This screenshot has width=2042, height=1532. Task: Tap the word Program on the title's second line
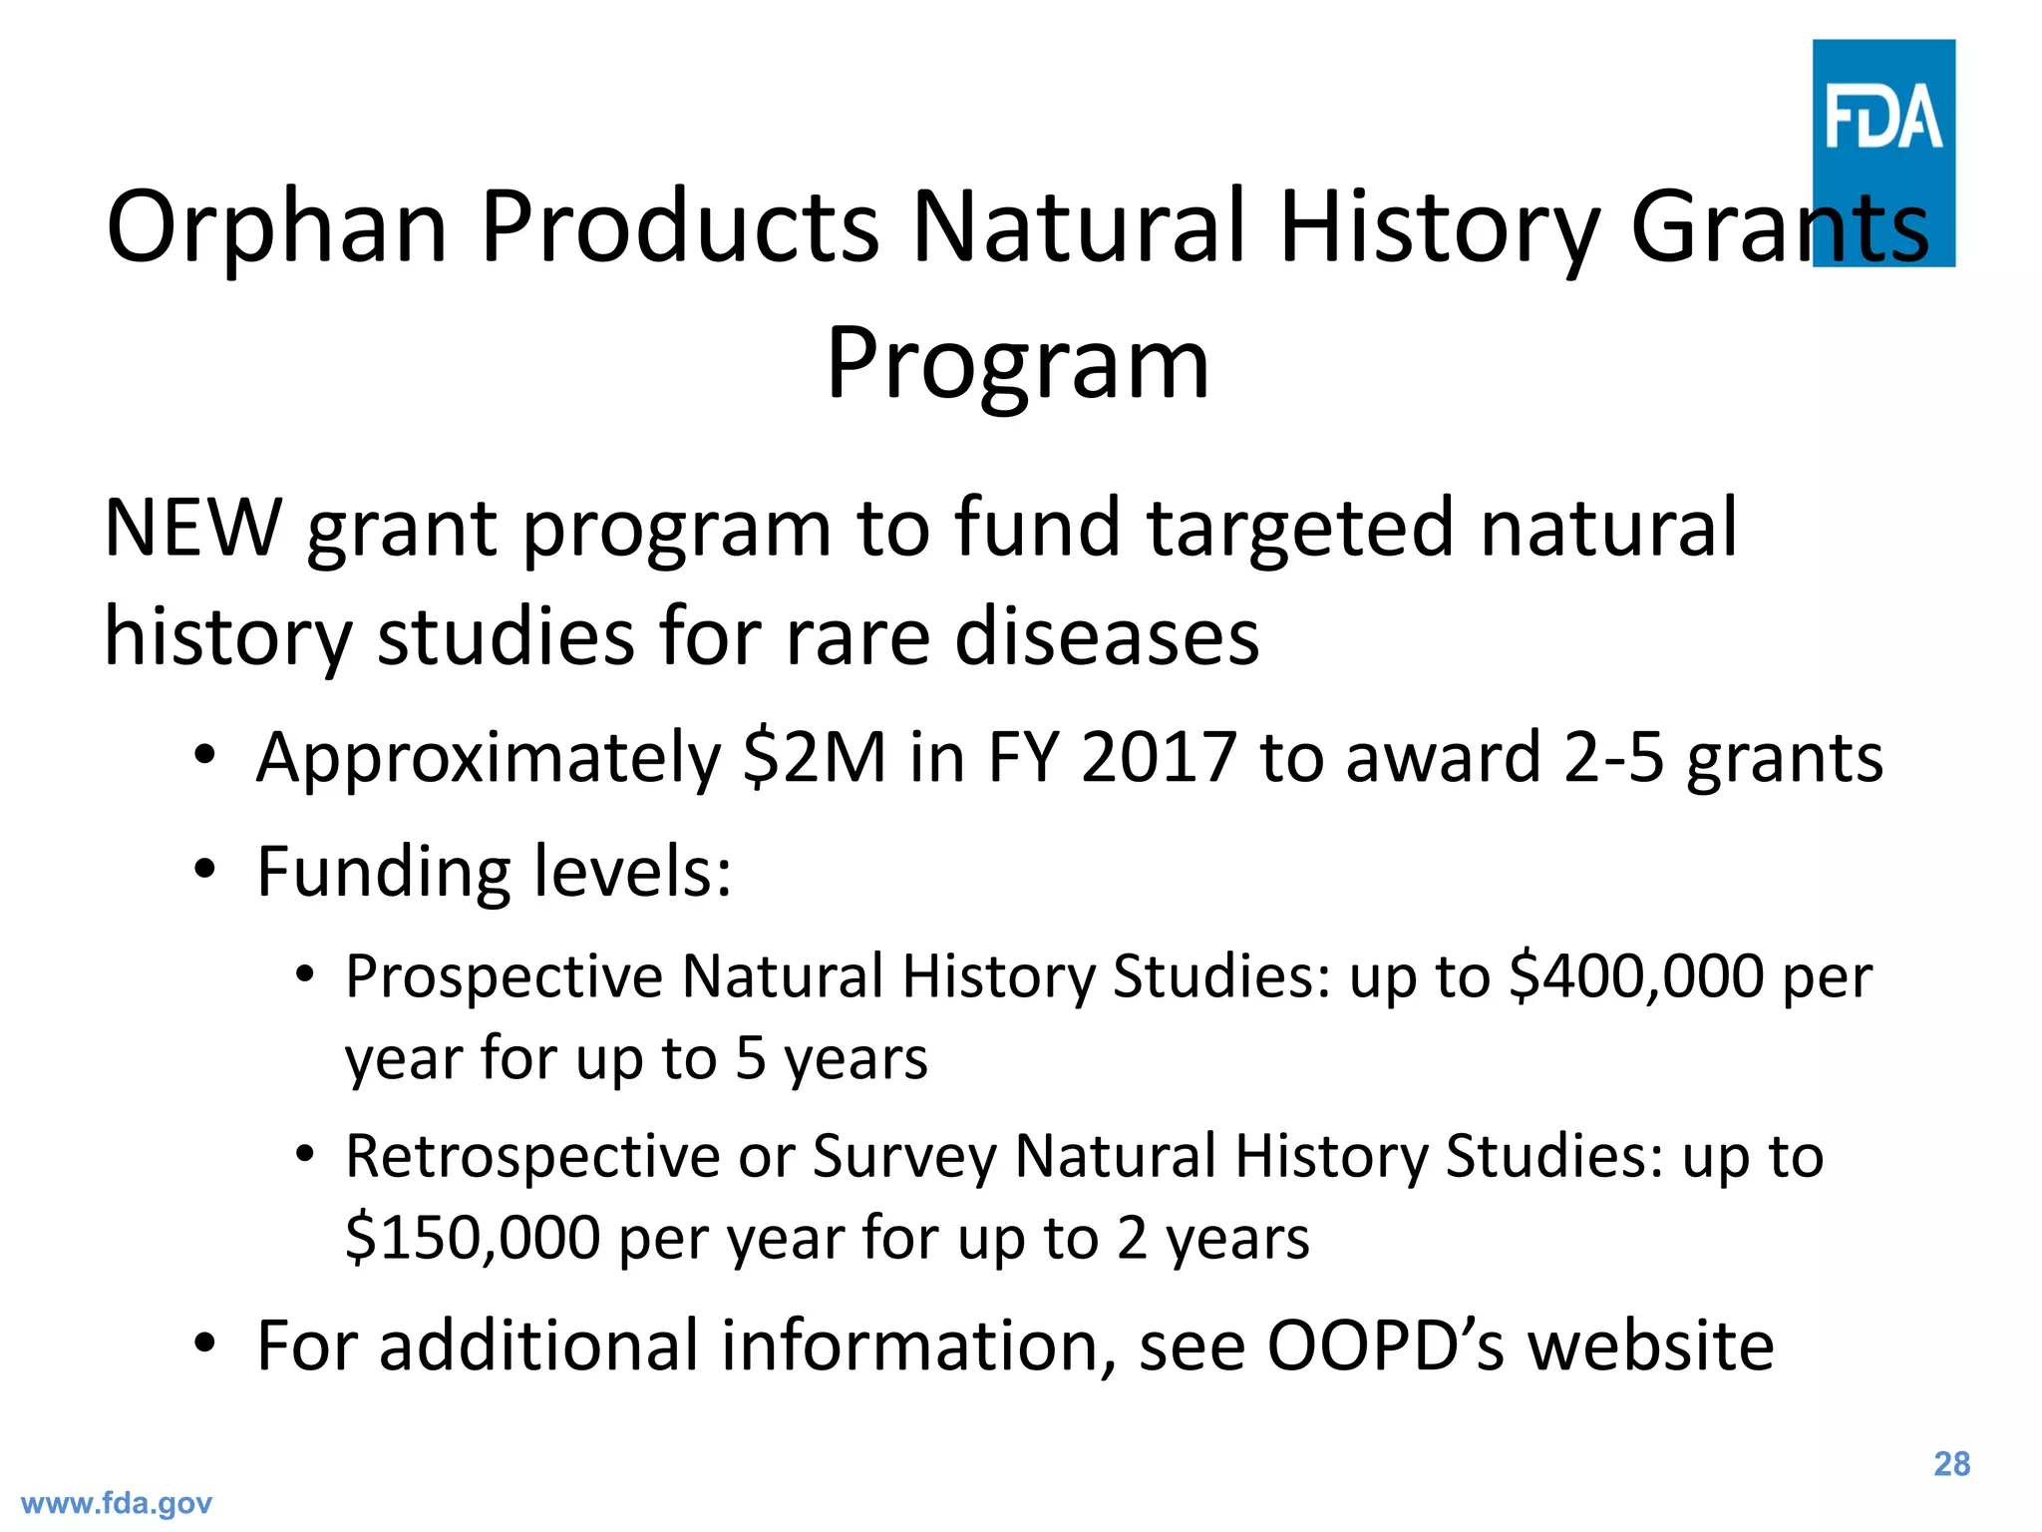(1017, 365)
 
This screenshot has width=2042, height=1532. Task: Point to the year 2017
(1159, 758)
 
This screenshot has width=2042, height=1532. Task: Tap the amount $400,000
(1636, 976)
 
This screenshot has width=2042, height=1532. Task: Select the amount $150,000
(473, 1239)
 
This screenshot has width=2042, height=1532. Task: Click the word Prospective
(504, 978)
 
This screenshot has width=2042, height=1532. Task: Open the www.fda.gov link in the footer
(117, 1503)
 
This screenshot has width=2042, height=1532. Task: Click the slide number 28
(1951, 1464)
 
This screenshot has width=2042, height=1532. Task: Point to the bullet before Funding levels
(204, 870)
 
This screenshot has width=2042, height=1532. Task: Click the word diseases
(1107, 637)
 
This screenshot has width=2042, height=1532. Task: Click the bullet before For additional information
(204, 1344)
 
